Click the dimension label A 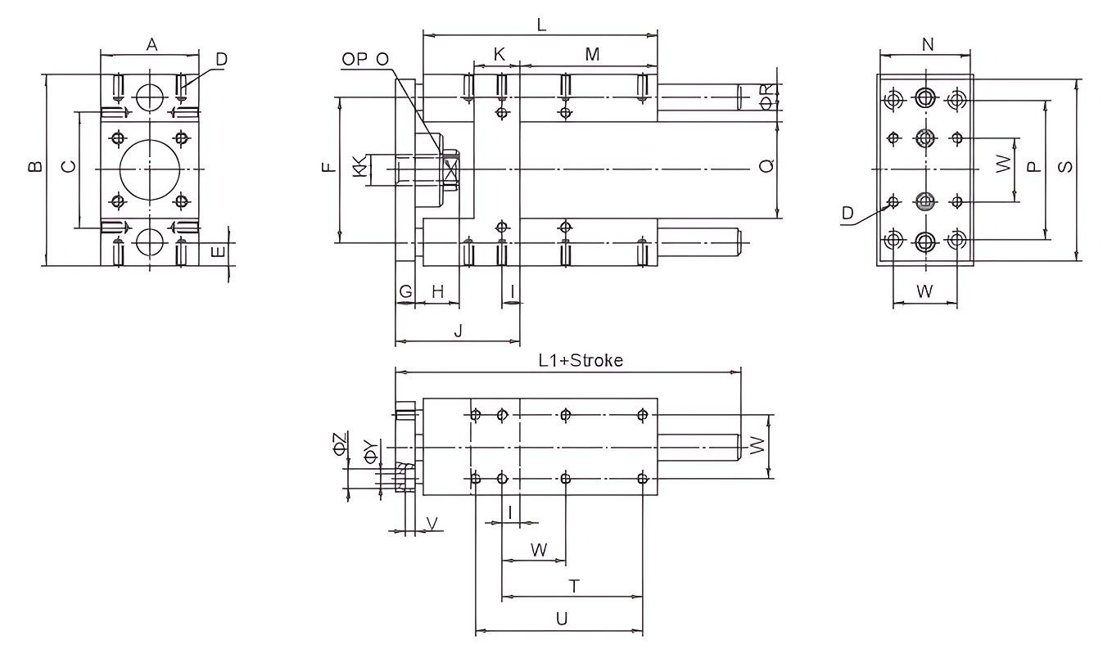click(152, 46)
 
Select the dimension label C click(70, 168)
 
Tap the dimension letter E click(218, 252)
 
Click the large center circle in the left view click(149, 169)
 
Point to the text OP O click(366, 59)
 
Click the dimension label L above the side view click(541, 25)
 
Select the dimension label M click(593, 55)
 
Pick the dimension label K click(499, 55)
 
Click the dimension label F click(328, 169)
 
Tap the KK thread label click(359, 166)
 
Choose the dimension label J click(459, 331)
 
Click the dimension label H click(437, 291)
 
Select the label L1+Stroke click(581, 360)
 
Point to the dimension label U click(561, 620)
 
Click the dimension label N click(928, 45)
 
